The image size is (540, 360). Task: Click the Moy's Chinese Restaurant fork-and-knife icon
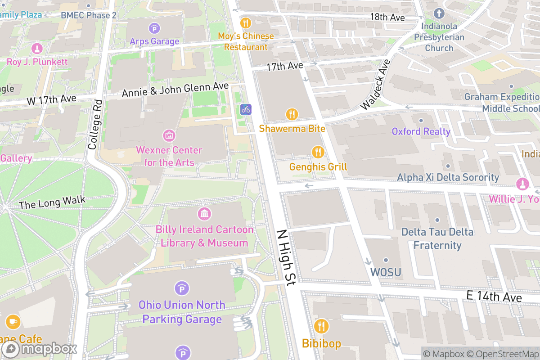pyautogui.click(x=246, y=22)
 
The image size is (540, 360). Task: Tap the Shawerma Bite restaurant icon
pyautogui.click(x=292, y=114)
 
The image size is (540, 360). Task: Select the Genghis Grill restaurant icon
pyautogui.click(x=318, y=152)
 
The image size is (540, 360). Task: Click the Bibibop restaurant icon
pyautogui.click(x=321, y=325)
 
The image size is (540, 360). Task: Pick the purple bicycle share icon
pyautogui.click(x=246, y=109)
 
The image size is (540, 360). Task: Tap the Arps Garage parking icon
pyautogui.click(x=155, y=28)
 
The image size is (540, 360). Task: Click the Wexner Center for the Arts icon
pyautogui.click(x=169, y=135)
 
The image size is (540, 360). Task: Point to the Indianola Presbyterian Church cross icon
pyautogui.click(x=439, y=13)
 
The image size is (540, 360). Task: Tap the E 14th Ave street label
pyautogui.click(x=494, y=297)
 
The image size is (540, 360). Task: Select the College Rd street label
pyautogui.click(x=95, y=124)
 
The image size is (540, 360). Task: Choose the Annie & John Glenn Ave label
pyautogui.click(x=175, y=89)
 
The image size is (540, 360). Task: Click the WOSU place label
pyautogui.click(x=386, y=272)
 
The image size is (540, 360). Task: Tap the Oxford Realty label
pyautogui.click(x=421, y=131)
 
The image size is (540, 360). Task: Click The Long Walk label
pyautogui.click(x=52, y=203)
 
